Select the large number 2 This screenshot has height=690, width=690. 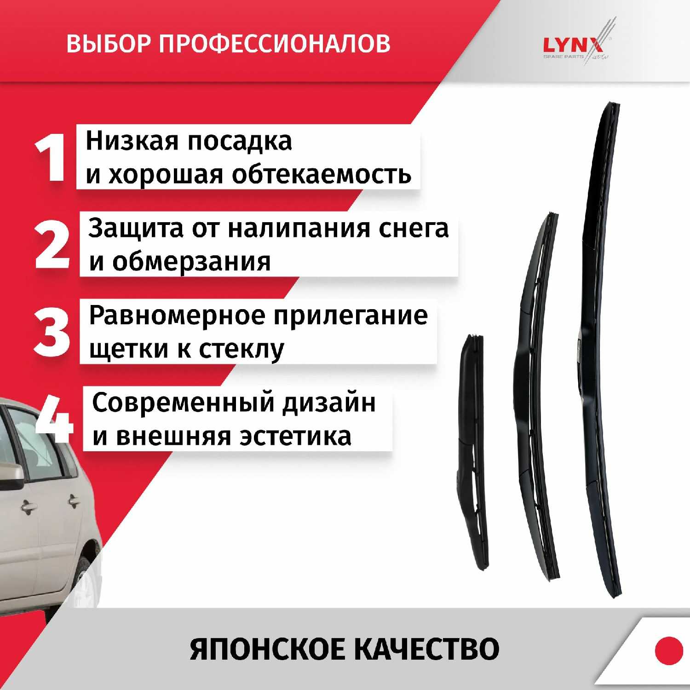(x=52, y=245)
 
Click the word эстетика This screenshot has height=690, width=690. (x=295, y=437)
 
